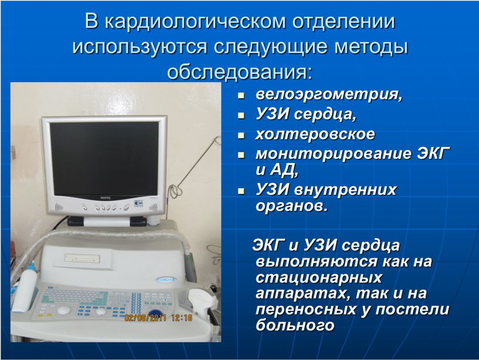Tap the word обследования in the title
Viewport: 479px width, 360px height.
240,72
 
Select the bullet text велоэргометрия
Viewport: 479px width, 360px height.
329,94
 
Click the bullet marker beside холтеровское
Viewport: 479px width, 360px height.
241,135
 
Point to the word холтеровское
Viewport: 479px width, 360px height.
315,134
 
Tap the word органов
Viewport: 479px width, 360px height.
291,206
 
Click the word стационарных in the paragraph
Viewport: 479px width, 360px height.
319,278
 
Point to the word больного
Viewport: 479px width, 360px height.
295,324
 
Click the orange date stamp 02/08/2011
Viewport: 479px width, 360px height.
146,317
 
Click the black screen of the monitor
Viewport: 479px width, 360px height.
104,159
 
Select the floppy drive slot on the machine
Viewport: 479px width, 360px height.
82,258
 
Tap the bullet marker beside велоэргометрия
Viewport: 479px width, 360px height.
241,96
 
